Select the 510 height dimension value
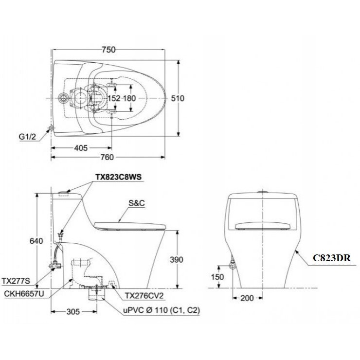(x=177, y=98)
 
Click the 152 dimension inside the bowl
(x=113, y=98)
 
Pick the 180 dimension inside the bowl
(x=129, y=98)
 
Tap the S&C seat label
(x=137, y=204)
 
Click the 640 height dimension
(x=29, y=241)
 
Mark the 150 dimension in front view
(x=218, y=276)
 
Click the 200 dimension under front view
(x=247, y=298)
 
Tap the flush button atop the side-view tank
(x=63, y=194)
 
